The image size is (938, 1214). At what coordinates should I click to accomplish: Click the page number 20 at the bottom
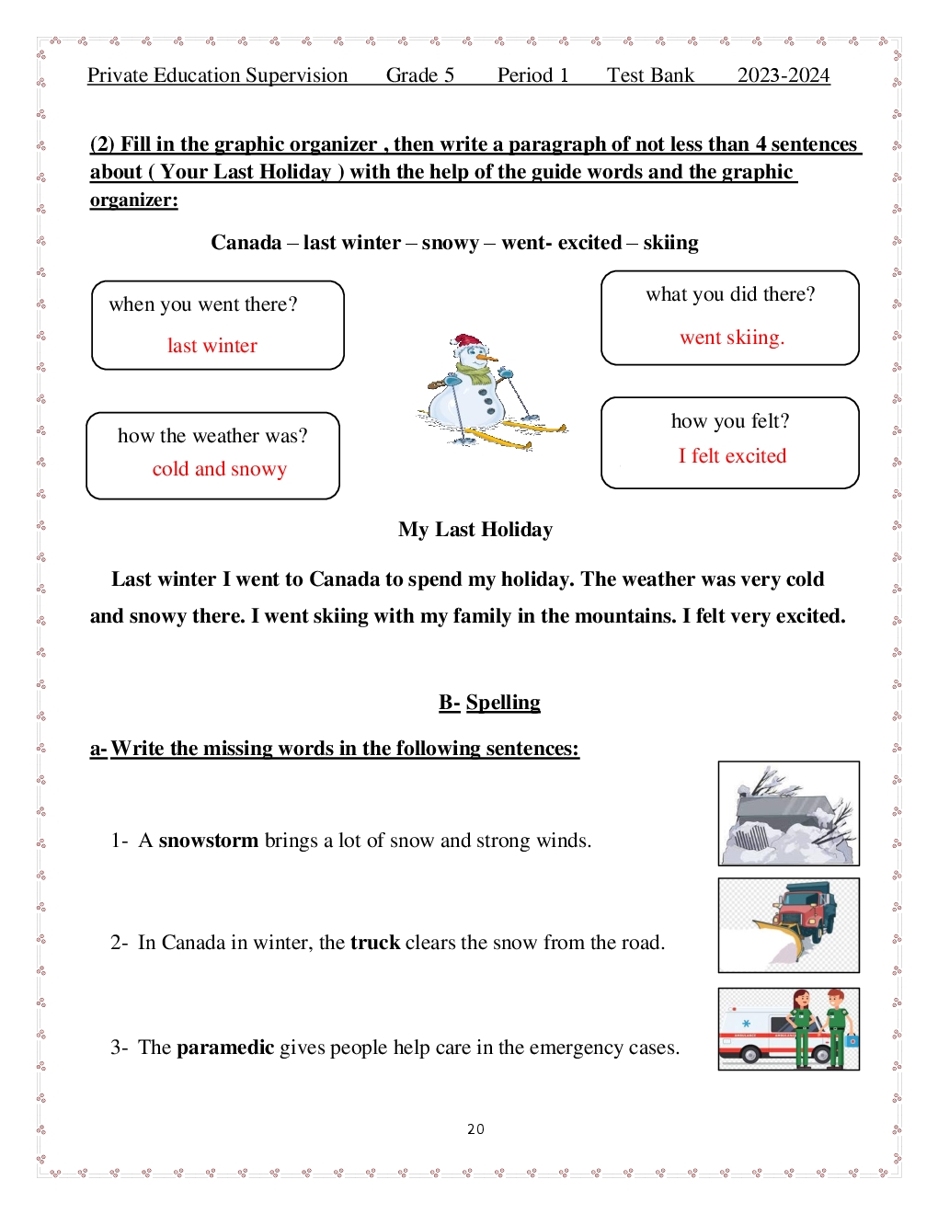pos(475,1128)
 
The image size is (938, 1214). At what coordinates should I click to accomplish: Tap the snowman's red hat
pos(468,343)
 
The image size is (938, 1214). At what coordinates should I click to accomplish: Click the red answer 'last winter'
pos(212,346)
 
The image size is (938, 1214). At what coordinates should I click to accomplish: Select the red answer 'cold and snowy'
pos(220,469)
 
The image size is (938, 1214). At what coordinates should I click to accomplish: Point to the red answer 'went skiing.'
pos(732,338)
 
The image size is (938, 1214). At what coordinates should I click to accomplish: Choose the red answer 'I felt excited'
pos(732,456)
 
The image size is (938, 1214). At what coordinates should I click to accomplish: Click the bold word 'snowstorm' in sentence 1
pos(209,841)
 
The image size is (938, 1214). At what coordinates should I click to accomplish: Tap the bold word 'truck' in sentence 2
pos(375,943)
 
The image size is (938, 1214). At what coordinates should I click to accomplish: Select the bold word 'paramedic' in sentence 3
pos(225,1048)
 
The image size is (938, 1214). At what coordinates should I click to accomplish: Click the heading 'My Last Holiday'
pos(475,530)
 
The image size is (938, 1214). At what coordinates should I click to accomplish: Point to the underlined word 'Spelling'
pos(503,703)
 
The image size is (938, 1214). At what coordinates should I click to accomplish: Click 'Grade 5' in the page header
pos(420,75)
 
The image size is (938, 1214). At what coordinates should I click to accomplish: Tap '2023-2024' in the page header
pos(784,75)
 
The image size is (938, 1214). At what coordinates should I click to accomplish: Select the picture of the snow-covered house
pos(788,814)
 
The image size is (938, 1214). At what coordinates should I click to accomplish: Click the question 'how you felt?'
pos(730,421)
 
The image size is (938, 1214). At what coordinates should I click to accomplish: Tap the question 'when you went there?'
pos(203,304)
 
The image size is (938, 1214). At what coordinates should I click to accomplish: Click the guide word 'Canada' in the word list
pos(246,243)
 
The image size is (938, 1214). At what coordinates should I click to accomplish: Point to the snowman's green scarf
pos(475,376)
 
